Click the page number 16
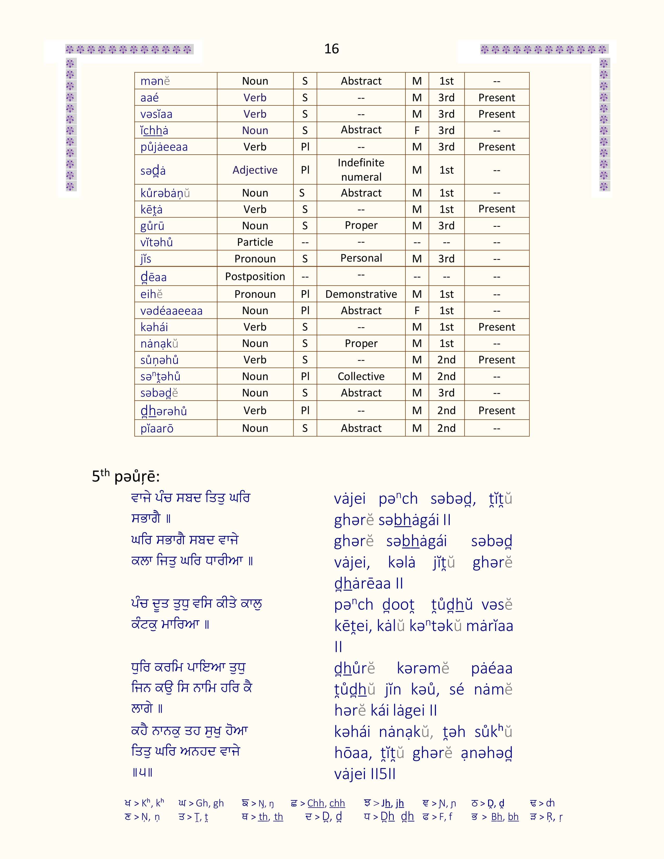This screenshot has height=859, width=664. (x=331, y=49)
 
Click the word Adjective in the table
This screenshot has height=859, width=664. (x=255, y=170)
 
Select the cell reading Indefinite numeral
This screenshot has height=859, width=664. (x=361, y=170)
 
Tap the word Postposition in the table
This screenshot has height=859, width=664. (x=255, y=276)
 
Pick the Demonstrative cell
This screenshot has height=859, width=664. (x=361, y=294)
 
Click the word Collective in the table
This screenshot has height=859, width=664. (x=361, y=376)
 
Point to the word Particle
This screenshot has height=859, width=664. (x=255, y=242)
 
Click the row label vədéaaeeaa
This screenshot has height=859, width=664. (x=172, y=311)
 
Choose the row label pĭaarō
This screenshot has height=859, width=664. (x=157, y=428)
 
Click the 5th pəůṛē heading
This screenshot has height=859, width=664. (x=126, y=476)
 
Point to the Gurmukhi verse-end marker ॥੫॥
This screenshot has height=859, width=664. (x=142, y=773)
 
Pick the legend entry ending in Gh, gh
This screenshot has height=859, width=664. (x=201, y=803)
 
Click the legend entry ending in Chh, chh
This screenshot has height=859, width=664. (x=318, y=803)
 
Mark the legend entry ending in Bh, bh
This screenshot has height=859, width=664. (x=495, y=817)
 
